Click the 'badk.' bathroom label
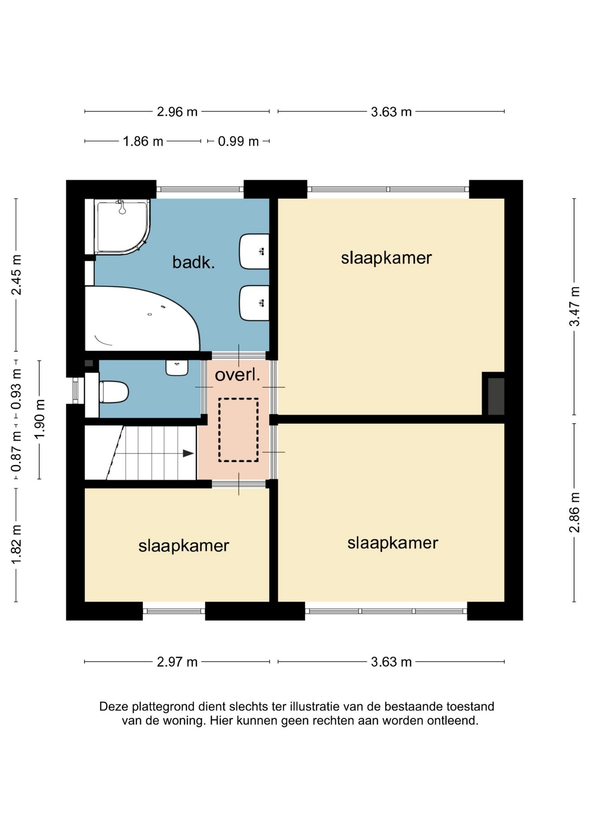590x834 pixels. [193, 262]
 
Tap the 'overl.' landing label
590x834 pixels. [238, 375]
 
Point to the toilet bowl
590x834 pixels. [114, 392]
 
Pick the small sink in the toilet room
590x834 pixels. [177, 367]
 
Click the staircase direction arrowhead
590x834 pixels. [188, 453]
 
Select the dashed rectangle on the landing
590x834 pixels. [238, 430]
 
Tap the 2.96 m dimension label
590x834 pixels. [177, 112]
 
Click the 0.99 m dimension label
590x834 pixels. [238, 142]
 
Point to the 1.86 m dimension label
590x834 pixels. [143, 142]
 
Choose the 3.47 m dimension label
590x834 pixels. [574, 306]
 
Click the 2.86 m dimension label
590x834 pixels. [574, 512]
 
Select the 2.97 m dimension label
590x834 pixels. [177, 662]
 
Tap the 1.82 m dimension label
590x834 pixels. [16, 545]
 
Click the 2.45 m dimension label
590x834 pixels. [16, 275]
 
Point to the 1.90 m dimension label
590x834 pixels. [40, 419]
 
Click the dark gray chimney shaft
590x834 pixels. [496, 396]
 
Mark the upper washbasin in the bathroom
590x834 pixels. [254, 252]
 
